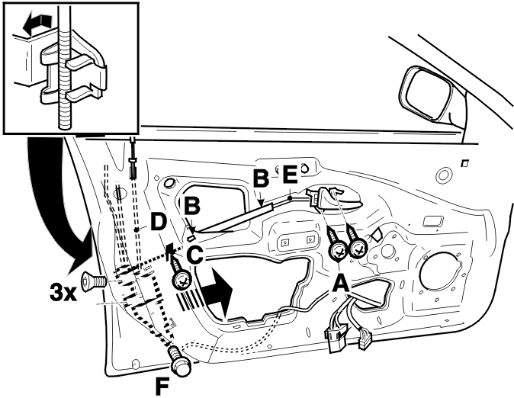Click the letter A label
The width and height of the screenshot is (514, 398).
coord(341,283)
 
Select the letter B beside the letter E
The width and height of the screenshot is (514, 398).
coord(262,178)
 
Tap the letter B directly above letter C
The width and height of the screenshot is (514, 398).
coord(191,206)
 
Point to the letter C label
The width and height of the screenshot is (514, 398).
coord(195,255)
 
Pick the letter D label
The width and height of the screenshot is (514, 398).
coord(159,223)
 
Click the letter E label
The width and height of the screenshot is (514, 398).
coord(290,175)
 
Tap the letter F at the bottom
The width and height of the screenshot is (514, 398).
coord(162,387)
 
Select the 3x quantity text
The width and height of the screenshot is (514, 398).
coord(63,293)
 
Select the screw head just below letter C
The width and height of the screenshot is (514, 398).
coord(182,281)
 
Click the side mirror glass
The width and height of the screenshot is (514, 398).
coord(426,91)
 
